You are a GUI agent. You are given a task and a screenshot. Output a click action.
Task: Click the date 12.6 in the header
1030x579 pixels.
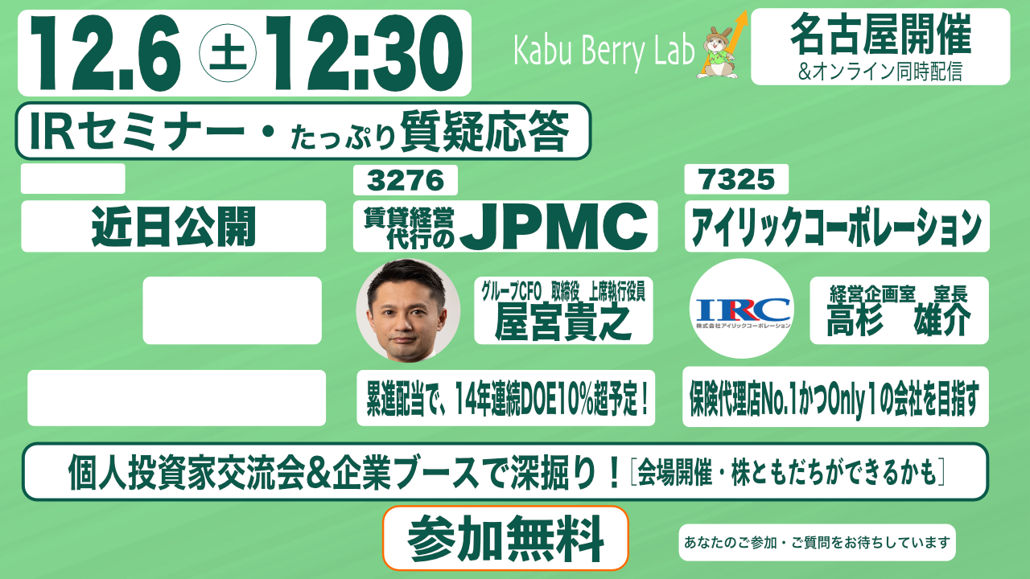pos(105,53)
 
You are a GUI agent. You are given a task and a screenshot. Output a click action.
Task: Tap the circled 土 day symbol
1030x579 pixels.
pos(228,53)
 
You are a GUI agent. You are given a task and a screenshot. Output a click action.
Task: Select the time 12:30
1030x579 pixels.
pos(365,53)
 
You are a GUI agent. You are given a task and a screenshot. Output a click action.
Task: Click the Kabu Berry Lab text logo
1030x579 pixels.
pos(604,51)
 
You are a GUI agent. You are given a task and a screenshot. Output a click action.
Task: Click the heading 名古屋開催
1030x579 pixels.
pos(880,34)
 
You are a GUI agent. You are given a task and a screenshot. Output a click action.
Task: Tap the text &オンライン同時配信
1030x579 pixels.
pos(880,72)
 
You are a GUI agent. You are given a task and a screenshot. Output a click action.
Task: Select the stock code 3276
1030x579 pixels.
pos(405,180)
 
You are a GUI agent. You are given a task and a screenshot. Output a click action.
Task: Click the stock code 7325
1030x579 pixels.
pos(736,179)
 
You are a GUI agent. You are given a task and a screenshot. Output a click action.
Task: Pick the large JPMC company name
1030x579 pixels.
pos(554,227)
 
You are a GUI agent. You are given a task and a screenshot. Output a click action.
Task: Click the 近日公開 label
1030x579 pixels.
pos(173,227)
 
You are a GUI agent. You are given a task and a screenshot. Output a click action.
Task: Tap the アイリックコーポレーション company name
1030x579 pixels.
pos(836,227)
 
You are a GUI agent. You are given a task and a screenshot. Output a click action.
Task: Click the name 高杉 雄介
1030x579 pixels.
pos(899,320)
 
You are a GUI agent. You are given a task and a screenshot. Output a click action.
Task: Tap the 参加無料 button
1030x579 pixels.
pos(505,538)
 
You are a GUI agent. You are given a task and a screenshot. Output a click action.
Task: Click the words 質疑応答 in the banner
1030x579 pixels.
pos(484,131)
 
